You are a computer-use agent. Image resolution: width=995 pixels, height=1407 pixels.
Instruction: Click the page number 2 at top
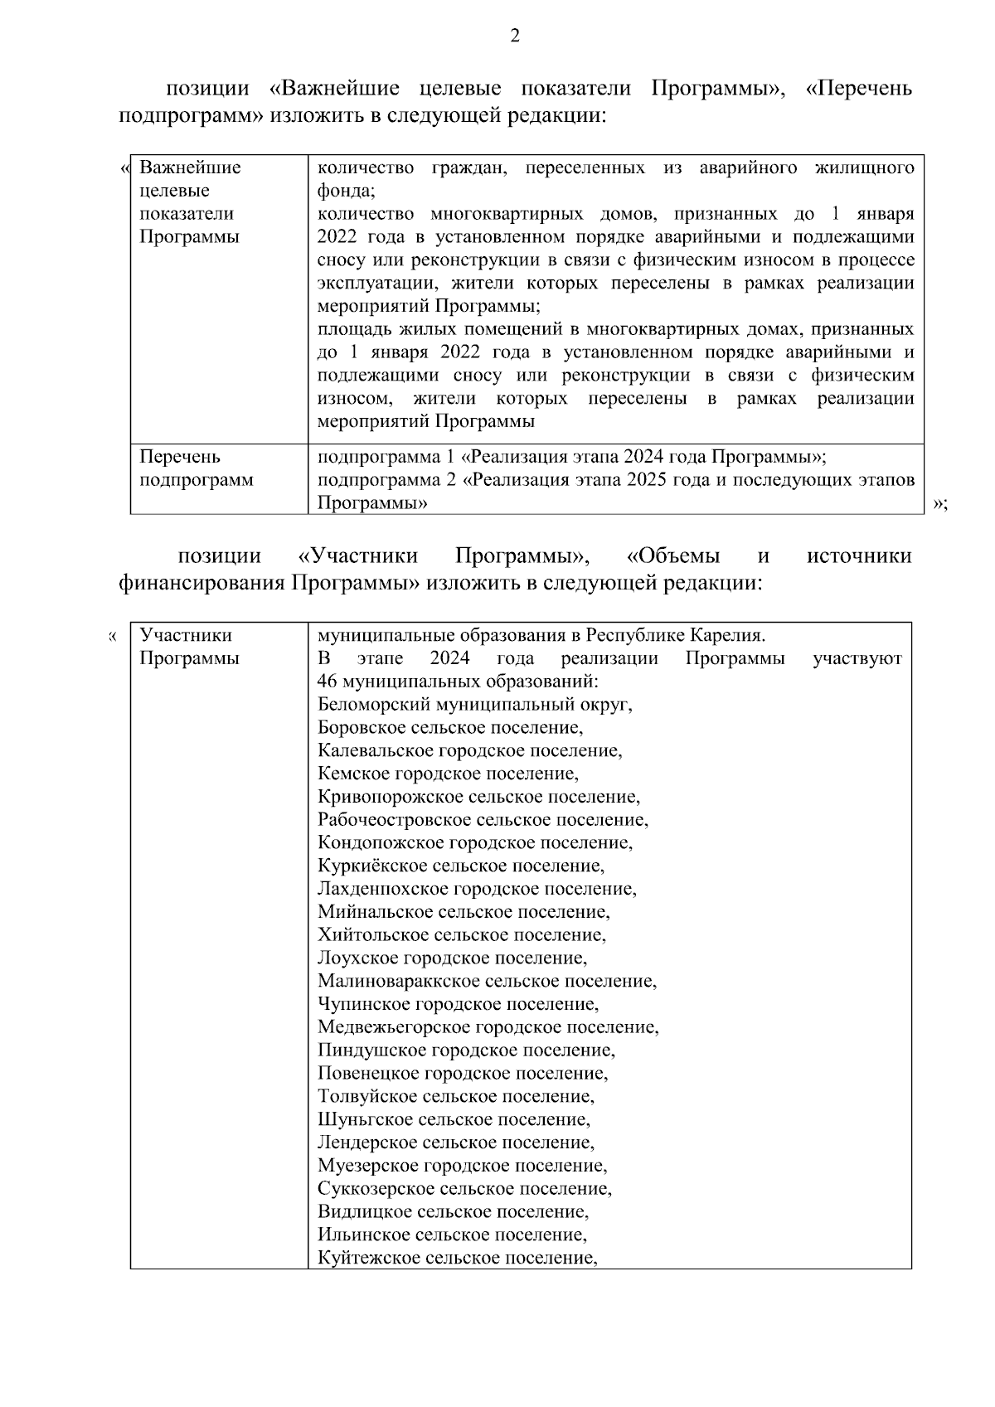(514, 36)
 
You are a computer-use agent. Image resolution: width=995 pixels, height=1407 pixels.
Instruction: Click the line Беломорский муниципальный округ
(475, 705)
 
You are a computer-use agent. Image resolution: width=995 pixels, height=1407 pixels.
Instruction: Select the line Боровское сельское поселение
(450, 728)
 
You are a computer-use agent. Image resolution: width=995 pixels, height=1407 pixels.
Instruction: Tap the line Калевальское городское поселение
(469, 751)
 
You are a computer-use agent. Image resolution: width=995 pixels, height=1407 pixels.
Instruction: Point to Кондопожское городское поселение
(475, 843)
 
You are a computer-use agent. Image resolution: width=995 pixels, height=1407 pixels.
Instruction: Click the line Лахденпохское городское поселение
(477, 890)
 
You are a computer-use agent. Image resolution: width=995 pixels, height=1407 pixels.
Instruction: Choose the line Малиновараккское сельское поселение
(487, 982)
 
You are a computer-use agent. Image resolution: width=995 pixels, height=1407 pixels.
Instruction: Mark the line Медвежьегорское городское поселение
(488, 1028)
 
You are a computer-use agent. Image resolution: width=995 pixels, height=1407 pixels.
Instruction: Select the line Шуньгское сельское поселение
(454, 1120)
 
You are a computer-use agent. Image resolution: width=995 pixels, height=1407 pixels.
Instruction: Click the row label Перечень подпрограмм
(197, 468)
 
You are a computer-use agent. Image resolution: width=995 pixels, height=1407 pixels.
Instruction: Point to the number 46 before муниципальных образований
(327, 682)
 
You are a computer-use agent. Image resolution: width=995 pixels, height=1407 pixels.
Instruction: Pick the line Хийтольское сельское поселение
(461, 935)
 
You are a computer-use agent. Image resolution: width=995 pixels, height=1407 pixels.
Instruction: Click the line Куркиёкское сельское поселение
(461, 866)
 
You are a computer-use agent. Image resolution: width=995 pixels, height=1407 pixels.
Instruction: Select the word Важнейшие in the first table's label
(190, 167)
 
